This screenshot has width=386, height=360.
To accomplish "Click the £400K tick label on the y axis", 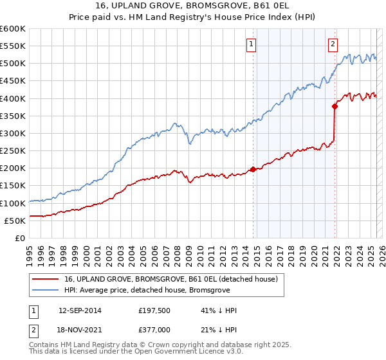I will (12, 98).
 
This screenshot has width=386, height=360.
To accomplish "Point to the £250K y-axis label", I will (12, 150).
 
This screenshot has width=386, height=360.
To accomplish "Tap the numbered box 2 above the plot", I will (333, 44).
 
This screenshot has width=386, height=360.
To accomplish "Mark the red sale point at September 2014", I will (253, 169).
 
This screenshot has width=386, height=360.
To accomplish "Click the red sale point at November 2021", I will (335, 106).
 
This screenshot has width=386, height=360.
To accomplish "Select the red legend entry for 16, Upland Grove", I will (170, 279).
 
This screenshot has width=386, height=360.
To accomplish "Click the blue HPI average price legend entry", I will (154, 291).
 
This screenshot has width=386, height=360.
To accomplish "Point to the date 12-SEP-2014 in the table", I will (80, 310).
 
